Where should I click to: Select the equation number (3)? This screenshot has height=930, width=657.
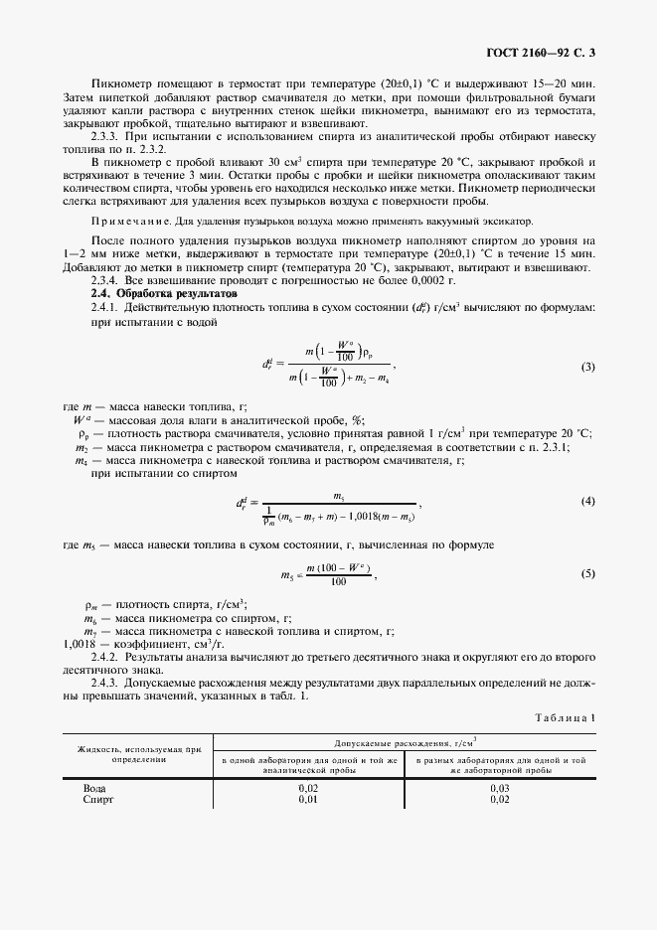587,367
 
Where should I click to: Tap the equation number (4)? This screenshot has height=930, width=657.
587,500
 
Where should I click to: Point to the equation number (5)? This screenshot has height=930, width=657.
587,573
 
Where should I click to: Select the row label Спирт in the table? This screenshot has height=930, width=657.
100,799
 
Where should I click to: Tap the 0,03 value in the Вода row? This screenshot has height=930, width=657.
501,788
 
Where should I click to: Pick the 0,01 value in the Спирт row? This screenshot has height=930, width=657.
308,799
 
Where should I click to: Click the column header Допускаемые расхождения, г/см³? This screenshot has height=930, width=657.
405,742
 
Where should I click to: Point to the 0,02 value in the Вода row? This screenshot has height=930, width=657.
308,788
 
